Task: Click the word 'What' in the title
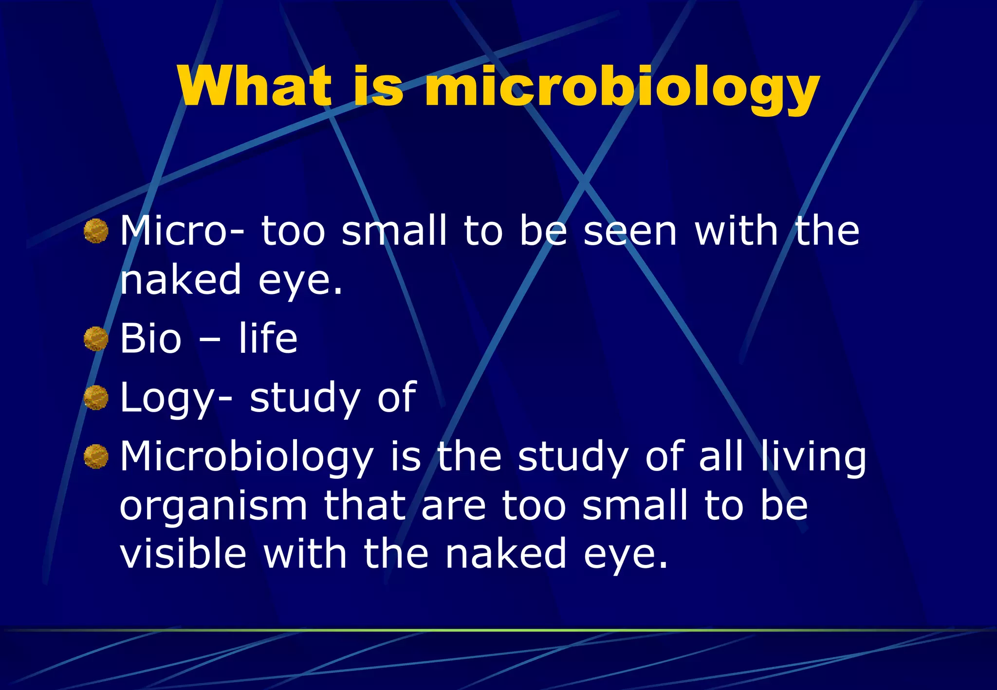point(254,86)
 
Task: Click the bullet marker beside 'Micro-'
point(95,231)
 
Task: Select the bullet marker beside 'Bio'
point(95,339)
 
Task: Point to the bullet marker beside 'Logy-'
point(95,398)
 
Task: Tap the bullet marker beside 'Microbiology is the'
point(95,456)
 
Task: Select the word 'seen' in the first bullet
point(630,232)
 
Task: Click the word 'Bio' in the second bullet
point(150,339)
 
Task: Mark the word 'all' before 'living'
point(721,456)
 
